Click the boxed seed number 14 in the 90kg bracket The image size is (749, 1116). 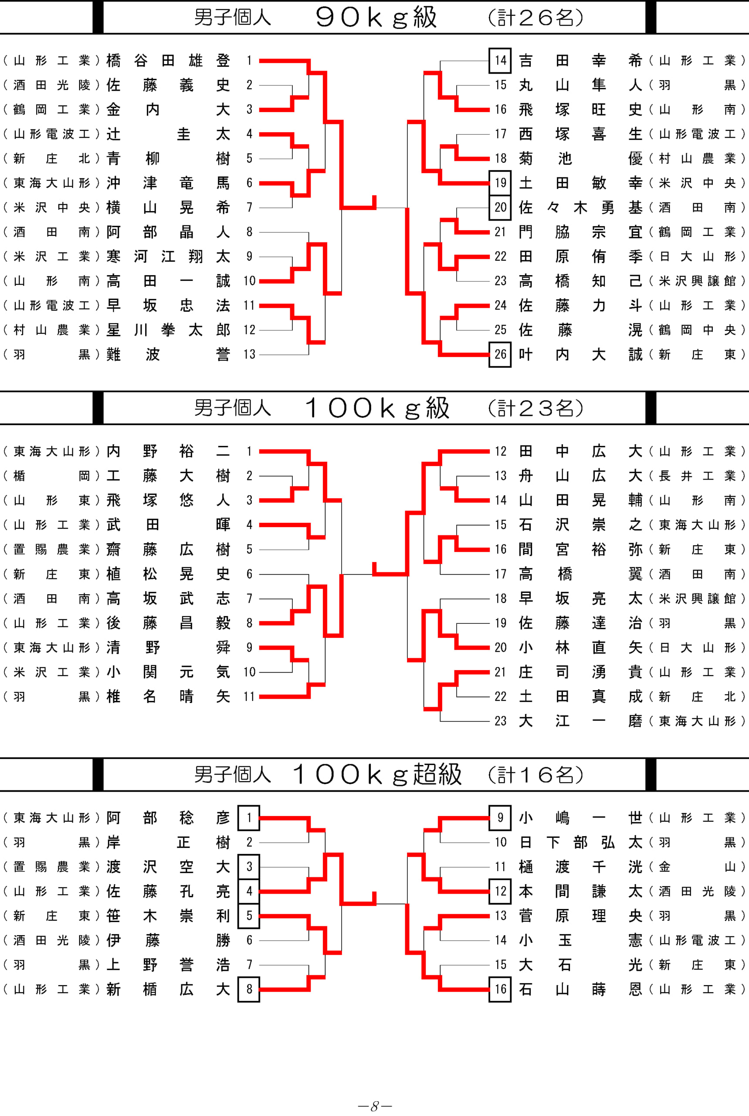tap(500, 60)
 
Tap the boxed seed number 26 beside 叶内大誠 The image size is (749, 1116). tap(500, 354)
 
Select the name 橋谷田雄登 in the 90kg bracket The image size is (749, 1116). tap(168, 60)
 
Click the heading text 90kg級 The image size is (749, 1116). tap(376, 17)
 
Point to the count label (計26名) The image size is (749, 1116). tap(535, 18)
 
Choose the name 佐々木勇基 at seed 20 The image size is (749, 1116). tap(580, 208)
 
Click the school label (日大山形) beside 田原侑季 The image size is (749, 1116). tap(696, 257)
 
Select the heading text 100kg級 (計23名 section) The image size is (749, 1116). tap(377, 408)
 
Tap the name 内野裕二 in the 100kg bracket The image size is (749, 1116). tap(168, 451)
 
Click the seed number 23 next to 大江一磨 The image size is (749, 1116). tap(500, 721)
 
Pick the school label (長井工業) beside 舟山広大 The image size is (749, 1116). tap(696, 476)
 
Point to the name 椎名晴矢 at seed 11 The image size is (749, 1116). tap(168, 696)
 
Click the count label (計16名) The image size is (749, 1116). tap(535, 775)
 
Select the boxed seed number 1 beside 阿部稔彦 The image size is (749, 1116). tap(249, 818)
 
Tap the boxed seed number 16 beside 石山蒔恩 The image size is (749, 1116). tap(500, 989)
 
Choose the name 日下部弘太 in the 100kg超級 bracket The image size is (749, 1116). tap(580, 842)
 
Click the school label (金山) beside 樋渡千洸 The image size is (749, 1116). tap(696, 867)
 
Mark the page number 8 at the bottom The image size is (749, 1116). tap(375, 1106)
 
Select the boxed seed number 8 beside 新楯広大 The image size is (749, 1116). tap(249, 989)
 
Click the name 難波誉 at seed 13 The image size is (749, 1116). tap(168, 354)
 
